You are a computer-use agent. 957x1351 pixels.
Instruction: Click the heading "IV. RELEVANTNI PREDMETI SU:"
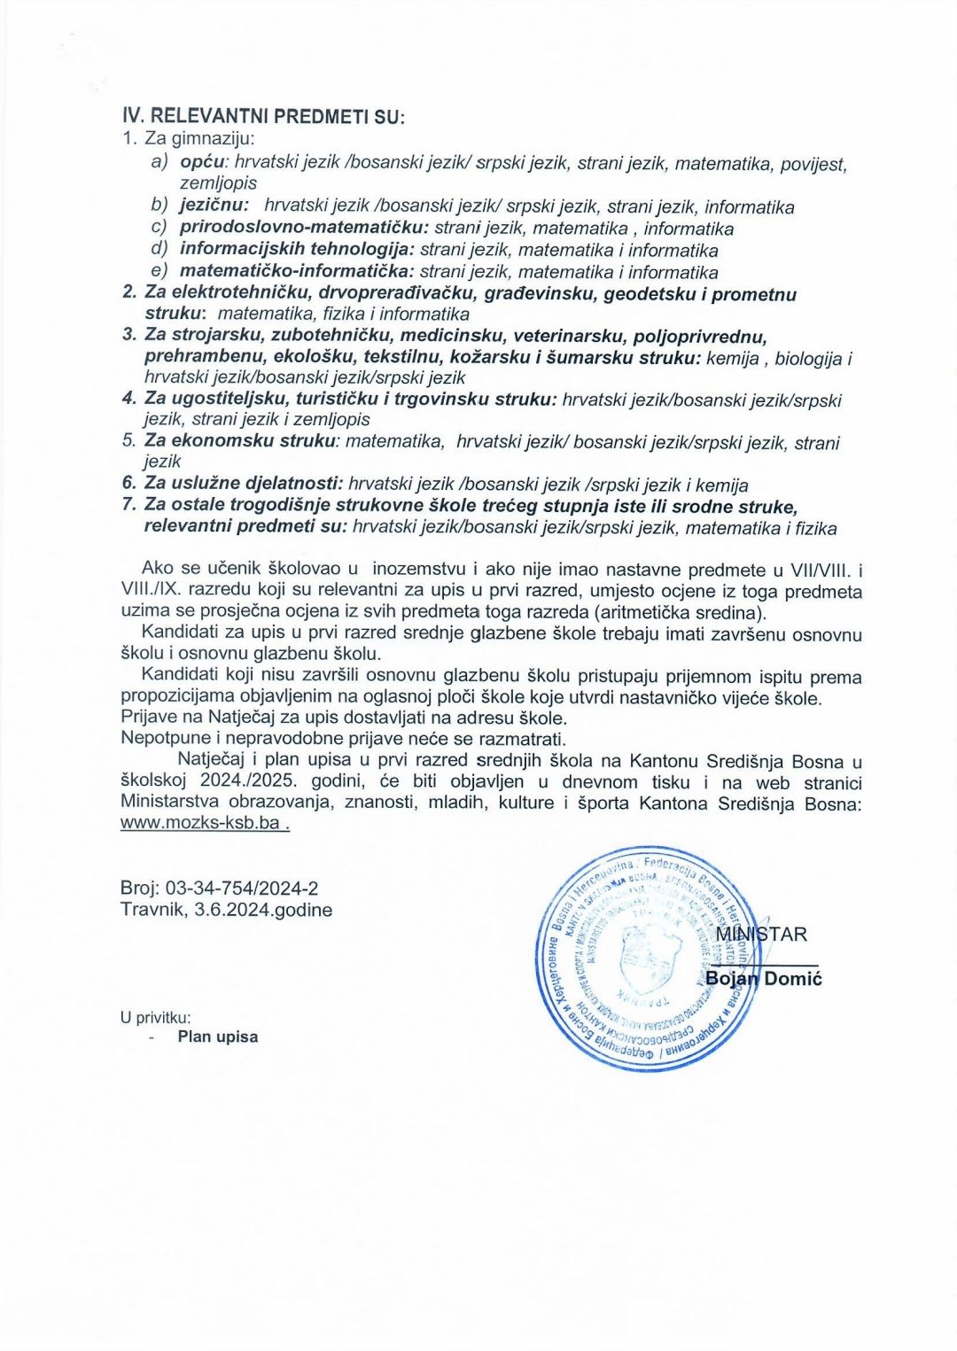click(262, 116)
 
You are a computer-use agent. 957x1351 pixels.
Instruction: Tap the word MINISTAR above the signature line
click(761, 935)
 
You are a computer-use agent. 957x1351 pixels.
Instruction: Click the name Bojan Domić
click(764, 978)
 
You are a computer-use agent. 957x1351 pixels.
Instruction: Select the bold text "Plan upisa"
click(218, 1037)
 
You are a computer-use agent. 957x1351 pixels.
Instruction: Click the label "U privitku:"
click(156, 1018)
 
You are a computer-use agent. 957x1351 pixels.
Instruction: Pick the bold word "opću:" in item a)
click(205, 163)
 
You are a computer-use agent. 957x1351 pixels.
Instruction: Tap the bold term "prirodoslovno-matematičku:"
click(304, 229)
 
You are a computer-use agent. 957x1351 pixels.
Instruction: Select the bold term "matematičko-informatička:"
click(297, 272)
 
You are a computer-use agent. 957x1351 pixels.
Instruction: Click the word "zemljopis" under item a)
click(218, 183)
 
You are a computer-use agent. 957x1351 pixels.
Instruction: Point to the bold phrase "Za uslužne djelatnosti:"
click(244, 485)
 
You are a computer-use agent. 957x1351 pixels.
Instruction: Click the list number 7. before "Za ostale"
click(129, 505)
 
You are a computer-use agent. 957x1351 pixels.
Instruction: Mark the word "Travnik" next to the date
click(152, 910)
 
